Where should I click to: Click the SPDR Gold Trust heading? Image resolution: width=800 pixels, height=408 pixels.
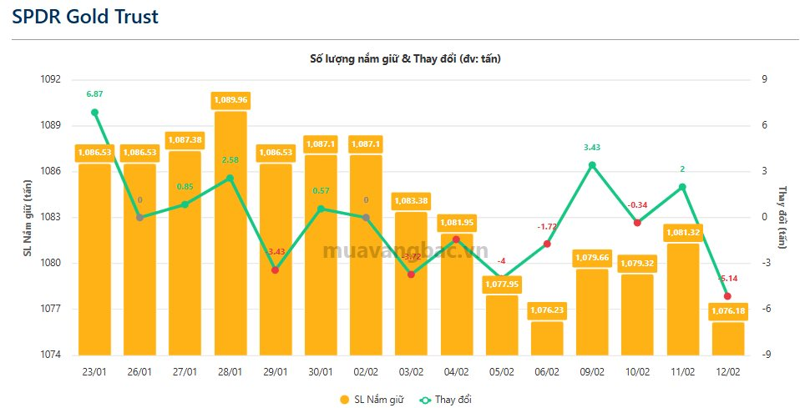click(x=84, y=17)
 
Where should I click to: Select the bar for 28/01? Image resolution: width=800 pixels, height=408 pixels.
click(x=230, y=234)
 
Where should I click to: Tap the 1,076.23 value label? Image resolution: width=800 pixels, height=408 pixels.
click(x=546, y=310)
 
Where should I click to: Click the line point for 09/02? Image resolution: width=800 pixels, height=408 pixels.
click(x=591, y=165)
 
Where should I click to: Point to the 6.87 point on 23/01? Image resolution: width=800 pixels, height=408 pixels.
click(x=94, y=113)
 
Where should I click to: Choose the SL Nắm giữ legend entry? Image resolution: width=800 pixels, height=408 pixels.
click(x=372, y=400)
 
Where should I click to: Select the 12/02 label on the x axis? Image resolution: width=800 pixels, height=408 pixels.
click(x=727, y=371)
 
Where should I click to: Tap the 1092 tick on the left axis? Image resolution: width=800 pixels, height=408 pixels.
click(x=50, y=80)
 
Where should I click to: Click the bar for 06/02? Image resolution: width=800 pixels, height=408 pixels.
click(x=546, y=338)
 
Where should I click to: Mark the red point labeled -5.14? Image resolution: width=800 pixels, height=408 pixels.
click(x=727, y=296)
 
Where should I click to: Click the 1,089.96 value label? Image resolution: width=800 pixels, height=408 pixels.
click(x=230, y=99)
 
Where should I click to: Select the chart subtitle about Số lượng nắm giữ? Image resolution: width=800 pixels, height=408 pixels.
click(x=405, y=58)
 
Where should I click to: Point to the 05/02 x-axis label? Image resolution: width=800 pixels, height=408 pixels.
click(x=501, y=371)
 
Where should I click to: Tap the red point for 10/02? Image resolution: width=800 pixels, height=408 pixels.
click(x=637, y=223)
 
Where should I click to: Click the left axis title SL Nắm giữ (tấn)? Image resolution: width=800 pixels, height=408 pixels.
click(x=27, y=217)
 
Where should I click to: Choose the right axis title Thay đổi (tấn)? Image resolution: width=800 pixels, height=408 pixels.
click(x=782, y=217)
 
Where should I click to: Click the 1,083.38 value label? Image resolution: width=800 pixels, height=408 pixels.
click(x=410, y=201)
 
